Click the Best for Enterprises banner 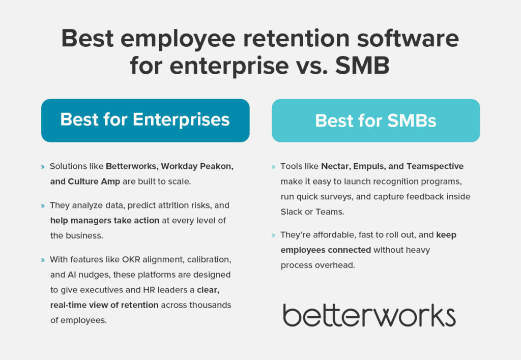(x=145, y=120)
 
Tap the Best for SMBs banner (x=375, y=121)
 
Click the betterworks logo (x=369, y=315)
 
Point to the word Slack (x=291, y=212)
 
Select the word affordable (x=328, y=235)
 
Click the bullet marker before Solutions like (x=42, y=167)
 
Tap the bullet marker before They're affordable (x=273, y=235)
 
